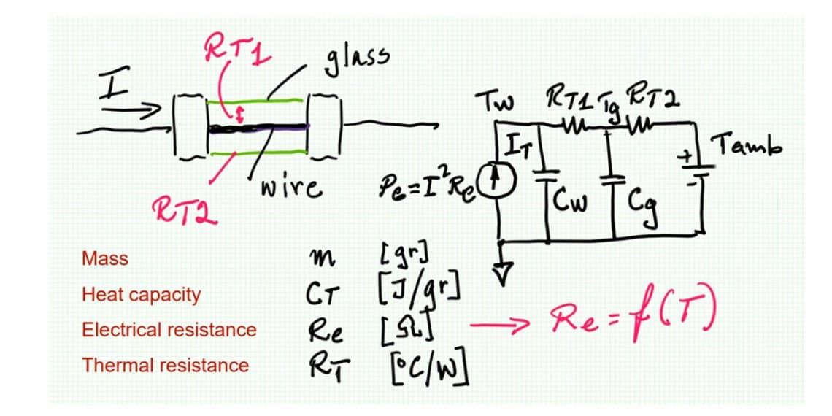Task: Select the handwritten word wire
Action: coord(291,188)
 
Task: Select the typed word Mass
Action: coord(105,258)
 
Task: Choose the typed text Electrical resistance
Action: coord(169,330)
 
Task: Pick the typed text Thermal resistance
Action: coord(165,365)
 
